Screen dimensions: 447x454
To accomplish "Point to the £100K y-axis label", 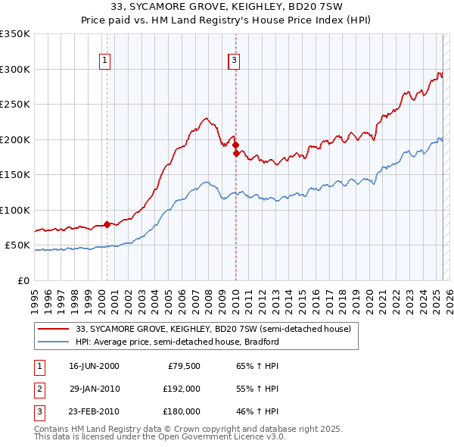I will point(15,210).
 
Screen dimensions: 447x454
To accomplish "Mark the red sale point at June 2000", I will point(107,224).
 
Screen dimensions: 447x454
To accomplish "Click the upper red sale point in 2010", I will point(235,145).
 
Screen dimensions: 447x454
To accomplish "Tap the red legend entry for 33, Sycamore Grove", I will point(213,330).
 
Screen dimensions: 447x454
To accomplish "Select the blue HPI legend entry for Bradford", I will point(177,342).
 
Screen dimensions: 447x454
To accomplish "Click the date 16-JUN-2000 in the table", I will point(94,366).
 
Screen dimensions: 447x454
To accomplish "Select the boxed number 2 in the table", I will point(38,389).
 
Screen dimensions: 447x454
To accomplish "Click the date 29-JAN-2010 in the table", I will point(94,389).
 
